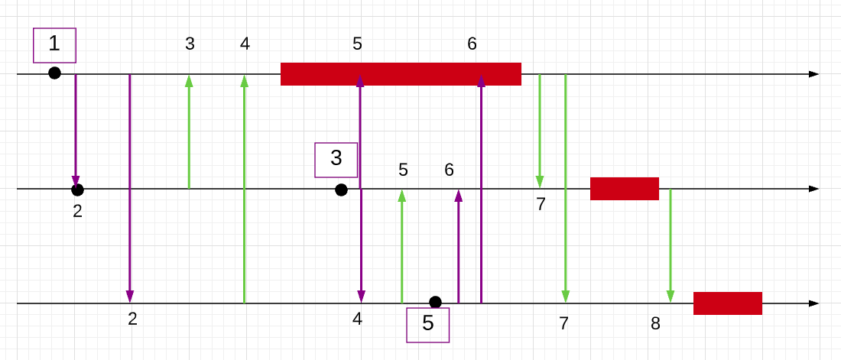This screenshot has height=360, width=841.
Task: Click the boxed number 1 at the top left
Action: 54,44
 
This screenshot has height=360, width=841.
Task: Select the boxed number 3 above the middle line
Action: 336,159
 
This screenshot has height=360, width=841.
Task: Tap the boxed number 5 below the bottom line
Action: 428,323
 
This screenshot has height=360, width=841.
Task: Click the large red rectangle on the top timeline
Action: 401,74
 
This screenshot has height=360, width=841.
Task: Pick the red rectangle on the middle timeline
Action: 624,188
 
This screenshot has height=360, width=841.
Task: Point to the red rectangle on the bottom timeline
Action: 727,303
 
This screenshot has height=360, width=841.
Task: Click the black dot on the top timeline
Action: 54,73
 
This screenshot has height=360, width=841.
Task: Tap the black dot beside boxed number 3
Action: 341,190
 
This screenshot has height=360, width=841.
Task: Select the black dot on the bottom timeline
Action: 435,302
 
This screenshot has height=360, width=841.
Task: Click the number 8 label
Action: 655,323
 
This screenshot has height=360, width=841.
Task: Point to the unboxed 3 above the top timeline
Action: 190,44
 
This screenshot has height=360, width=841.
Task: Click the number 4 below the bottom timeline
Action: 357,319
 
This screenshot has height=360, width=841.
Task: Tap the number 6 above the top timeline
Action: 472,44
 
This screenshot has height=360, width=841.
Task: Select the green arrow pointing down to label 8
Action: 671,245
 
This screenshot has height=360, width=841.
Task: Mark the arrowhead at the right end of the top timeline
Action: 813,74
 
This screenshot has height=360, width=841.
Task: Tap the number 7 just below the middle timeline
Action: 541,204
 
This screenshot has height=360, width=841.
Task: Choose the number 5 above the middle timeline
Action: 403,170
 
